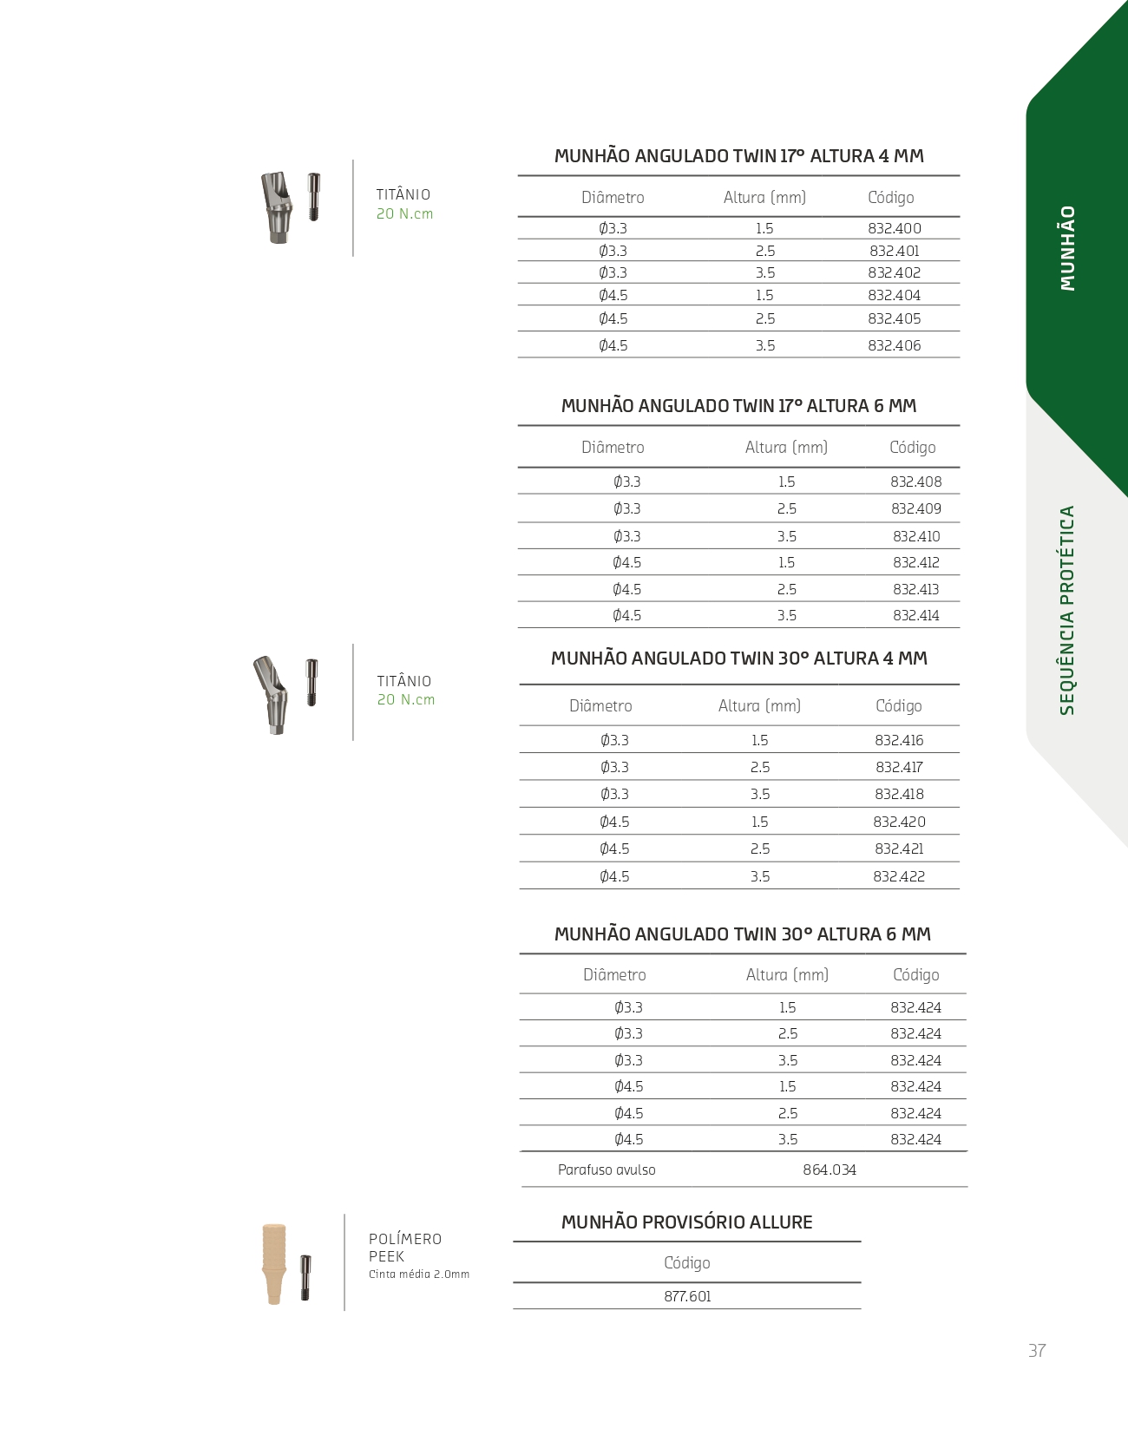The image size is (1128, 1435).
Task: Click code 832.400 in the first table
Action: tap(894, 228)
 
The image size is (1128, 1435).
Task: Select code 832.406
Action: tap(894, 345)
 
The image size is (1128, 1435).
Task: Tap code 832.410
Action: tap(915, 536)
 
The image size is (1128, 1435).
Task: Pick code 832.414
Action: tap(915, 615)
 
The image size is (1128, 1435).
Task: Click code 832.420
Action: tap(899, 822)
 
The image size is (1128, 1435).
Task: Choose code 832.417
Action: tap(899, 767)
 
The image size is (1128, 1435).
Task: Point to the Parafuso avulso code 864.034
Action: tap(829, 1170)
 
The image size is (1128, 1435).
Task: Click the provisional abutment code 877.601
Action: tap(687, 1296)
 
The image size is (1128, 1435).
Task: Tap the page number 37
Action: tap(1036, 1351)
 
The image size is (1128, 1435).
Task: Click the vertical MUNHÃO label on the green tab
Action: tap(1067, 248)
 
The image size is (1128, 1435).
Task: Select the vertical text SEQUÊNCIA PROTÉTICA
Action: tap(1067, 610)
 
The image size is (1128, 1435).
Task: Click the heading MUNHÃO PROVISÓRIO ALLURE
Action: tap(686, 1222)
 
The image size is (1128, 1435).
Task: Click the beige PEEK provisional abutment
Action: tap(274, 1263)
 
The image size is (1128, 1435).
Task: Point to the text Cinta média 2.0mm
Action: tap(418, 1274)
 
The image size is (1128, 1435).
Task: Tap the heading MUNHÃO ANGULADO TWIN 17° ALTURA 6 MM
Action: tap(738, 406)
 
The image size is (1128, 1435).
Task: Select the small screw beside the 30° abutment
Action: tap(312, 683)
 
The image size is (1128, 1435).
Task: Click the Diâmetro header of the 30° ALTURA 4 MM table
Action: tap(600, 706)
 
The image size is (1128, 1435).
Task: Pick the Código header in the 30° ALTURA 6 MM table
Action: tap(915, 975)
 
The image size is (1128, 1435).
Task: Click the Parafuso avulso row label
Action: tap(607, 1170)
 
